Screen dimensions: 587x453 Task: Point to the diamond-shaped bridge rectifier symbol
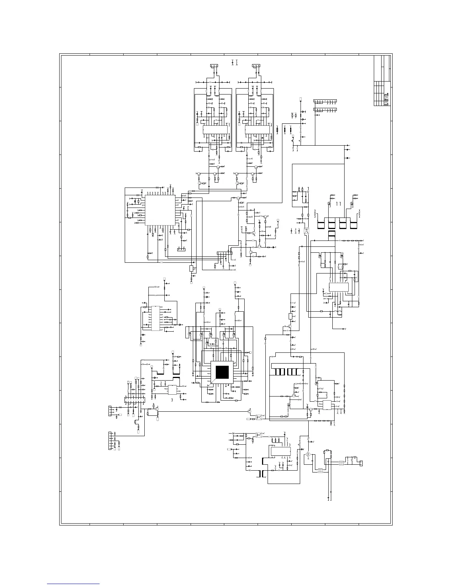click(x=308, y=455)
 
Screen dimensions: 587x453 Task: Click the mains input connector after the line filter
click(x=361, y=463)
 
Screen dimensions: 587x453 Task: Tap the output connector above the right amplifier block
click(x=256, y=66)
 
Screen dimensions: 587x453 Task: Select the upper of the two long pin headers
click(x=325, y=101)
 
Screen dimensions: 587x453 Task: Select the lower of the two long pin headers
click(x=325, y=109)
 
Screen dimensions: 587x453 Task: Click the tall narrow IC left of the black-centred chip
click(x=155, y=318)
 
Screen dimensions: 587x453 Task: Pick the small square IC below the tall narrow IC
click(x=172, y=390)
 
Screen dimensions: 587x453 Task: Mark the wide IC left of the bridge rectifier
click(x=281, y=451)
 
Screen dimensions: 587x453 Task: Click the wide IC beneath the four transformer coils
click(x=339, y=287)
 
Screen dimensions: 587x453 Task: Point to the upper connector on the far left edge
click(x=109, y=411)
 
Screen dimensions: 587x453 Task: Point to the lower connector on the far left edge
click(x=110, y=441)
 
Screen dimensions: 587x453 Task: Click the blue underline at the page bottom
click(x=73, y=584)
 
